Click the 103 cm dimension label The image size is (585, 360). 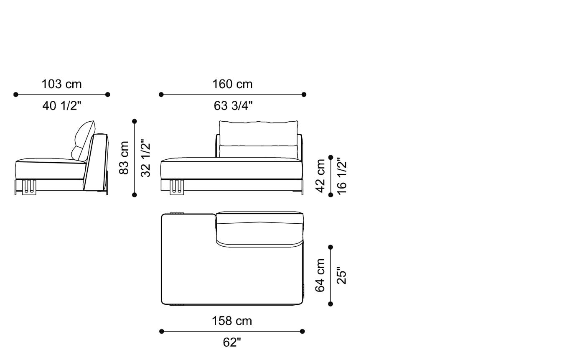coord(61,84)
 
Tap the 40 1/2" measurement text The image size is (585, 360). coord(61,106)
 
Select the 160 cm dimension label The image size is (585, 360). coord(232,84)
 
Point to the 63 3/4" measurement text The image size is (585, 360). coord(233,106)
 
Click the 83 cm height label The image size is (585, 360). coord(124,158)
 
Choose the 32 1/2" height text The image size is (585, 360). coord(145,158)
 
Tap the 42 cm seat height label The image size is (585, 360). coord(320,176)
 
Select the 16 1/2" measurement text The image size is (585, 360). coord(342,176)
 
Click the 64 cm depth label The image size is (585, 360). coord(320,275)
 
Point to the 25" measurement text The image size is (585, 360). coord(342,275)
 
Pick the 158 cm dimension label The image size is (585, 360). coord(232,321)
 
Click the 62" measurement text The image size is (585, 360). coord(232,342)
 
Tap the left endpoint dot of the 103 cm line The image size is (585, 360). coord(16,94)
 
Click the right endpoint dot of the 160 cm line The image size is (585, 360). coord(304,94)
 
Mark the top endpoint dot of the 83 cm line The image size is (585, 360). coord(134,121)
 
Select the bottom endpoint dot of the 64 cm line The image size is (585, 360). coord(331,304)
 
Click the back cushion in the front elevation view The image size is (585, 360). coord(259,134)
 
